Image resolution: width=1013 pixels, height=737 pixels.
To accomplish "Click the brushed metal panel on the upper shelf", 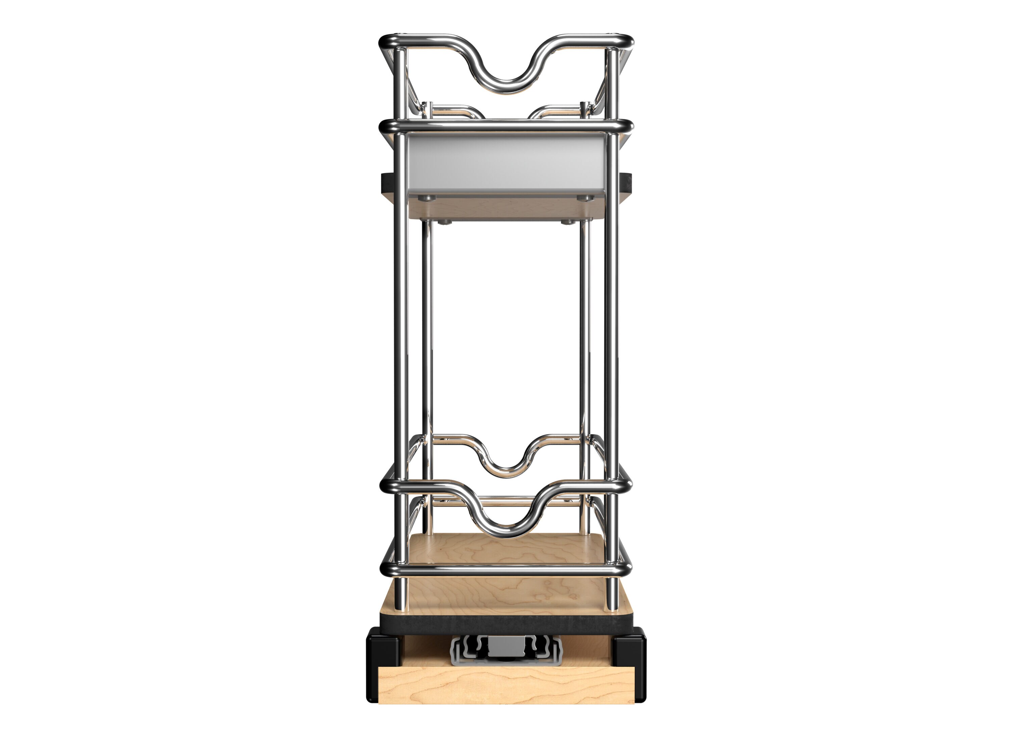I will tap(506, 163).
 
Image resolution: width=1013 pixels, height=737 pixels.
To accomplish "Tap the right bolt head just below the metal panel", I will tap(586, 198).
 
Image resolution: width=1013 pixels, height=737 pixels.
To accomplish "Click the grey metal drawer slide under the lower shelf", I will tap(506, 651).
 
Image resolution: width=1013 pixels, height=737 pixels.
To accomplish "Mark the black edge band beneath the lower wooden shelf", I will tap(506, 621).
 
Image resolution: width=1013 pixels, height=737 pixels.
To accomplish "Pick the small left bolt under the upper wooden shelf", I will tap(443, 222).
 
